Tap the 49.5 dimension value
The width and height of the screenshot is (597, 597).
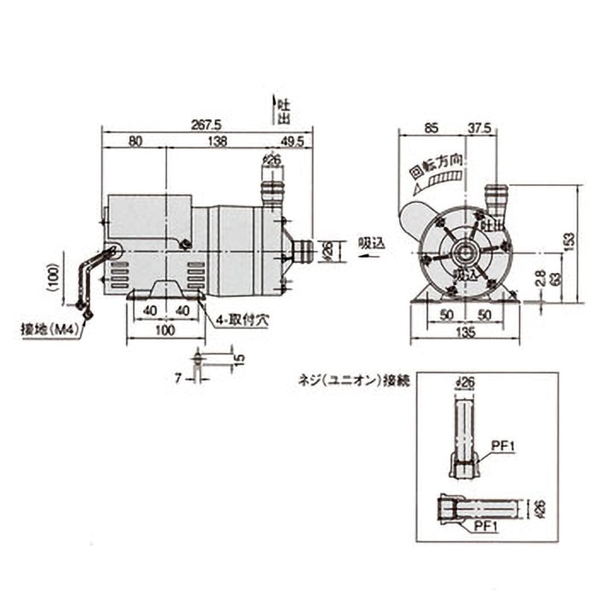tap(293, 140)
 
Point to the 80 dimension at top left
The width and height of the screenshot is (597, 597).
tap(134, 140)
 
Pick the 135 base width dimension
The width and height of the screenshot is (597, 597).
tap(465, 334)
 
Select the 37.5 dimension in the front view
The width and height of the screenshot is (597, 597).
tap(479, 128)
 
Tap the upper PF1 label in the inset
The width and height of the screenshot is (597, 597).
tap(504, 446)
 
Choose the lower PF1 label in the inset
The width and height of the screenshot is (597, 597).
tap(485, 526)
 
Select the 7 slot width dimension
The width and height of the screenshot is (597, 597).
tap(178, 379)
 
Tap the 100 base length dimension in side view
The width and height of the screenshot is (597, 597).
tap(165, 329)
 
